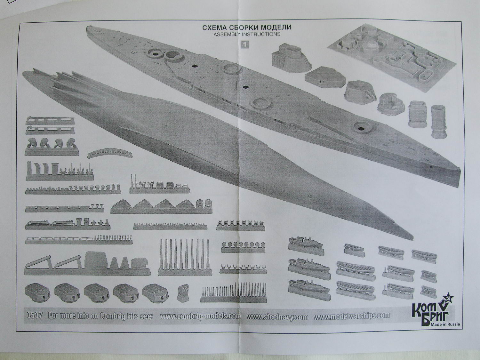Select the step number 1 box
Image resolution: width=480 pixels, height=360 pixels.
click(244, 45)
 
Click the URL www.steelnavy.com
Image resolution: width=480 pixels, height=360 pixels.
click(277, 317)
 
